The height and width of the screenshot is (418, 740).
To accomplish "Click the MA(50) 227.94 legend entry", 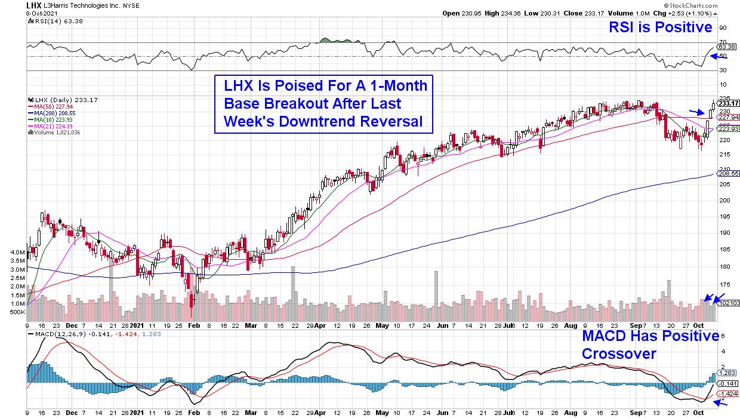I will (50, 107).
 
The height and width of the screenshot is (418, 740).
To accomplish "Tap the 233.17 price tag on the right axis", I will (728, 103).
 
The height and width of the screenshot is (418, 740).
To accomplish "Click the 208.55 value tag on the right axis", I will (728, 173).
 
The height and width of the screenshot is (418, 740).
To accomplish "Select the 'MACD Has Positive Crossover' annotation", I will (650, 345).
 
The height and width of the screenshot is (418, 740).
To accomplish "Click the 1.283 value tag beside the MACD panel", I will (728, 372).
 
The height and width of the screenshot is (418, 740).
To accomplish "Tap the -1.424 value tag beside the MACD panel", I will (728, 394).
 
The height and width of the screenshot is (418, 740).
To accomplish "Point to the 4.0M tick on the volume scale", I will (17, 253).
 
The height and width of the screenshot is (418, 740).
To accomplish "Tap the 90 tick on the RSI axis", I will (723, 27).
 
